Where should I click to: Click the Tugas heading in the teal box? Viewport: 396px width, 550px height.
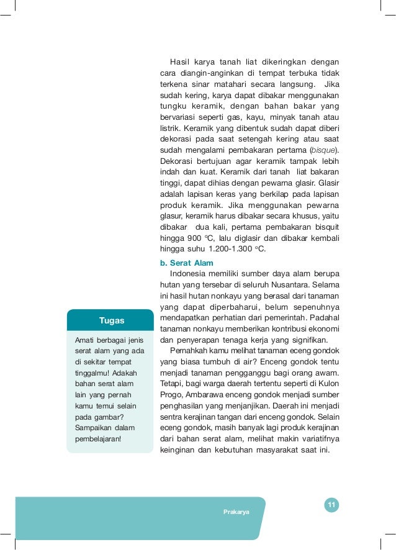[112, 320]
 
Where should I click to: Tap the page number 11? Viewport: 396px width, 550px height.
[331, 505]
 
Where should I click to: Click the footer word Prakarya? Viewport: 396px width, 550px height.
[236, 512]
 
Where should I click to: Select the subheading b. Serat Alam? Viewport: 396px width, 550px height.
[187, 263]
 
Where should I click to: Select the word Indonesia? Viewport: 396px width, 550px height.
[191, 273]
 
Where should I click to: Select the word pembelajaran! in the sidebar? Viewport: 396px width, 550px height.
[98, 439]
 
